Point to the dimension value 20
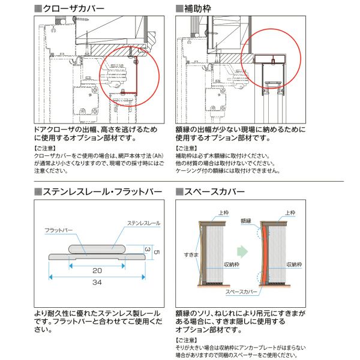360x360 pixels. (x=96, y=270)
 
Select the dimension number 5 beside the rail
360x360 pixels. (x=157, y=252)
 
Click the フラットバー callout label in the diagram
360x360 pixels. (x=58, y=230)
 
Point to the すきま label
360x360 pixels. (x=190, y=255)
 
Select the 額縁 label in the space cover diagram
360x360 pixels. (x=246, y=220)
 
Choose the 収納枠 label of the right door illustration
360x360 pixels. (x=294, y=264)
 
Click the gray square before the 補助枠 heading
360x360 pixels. (x=179, y=8)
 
